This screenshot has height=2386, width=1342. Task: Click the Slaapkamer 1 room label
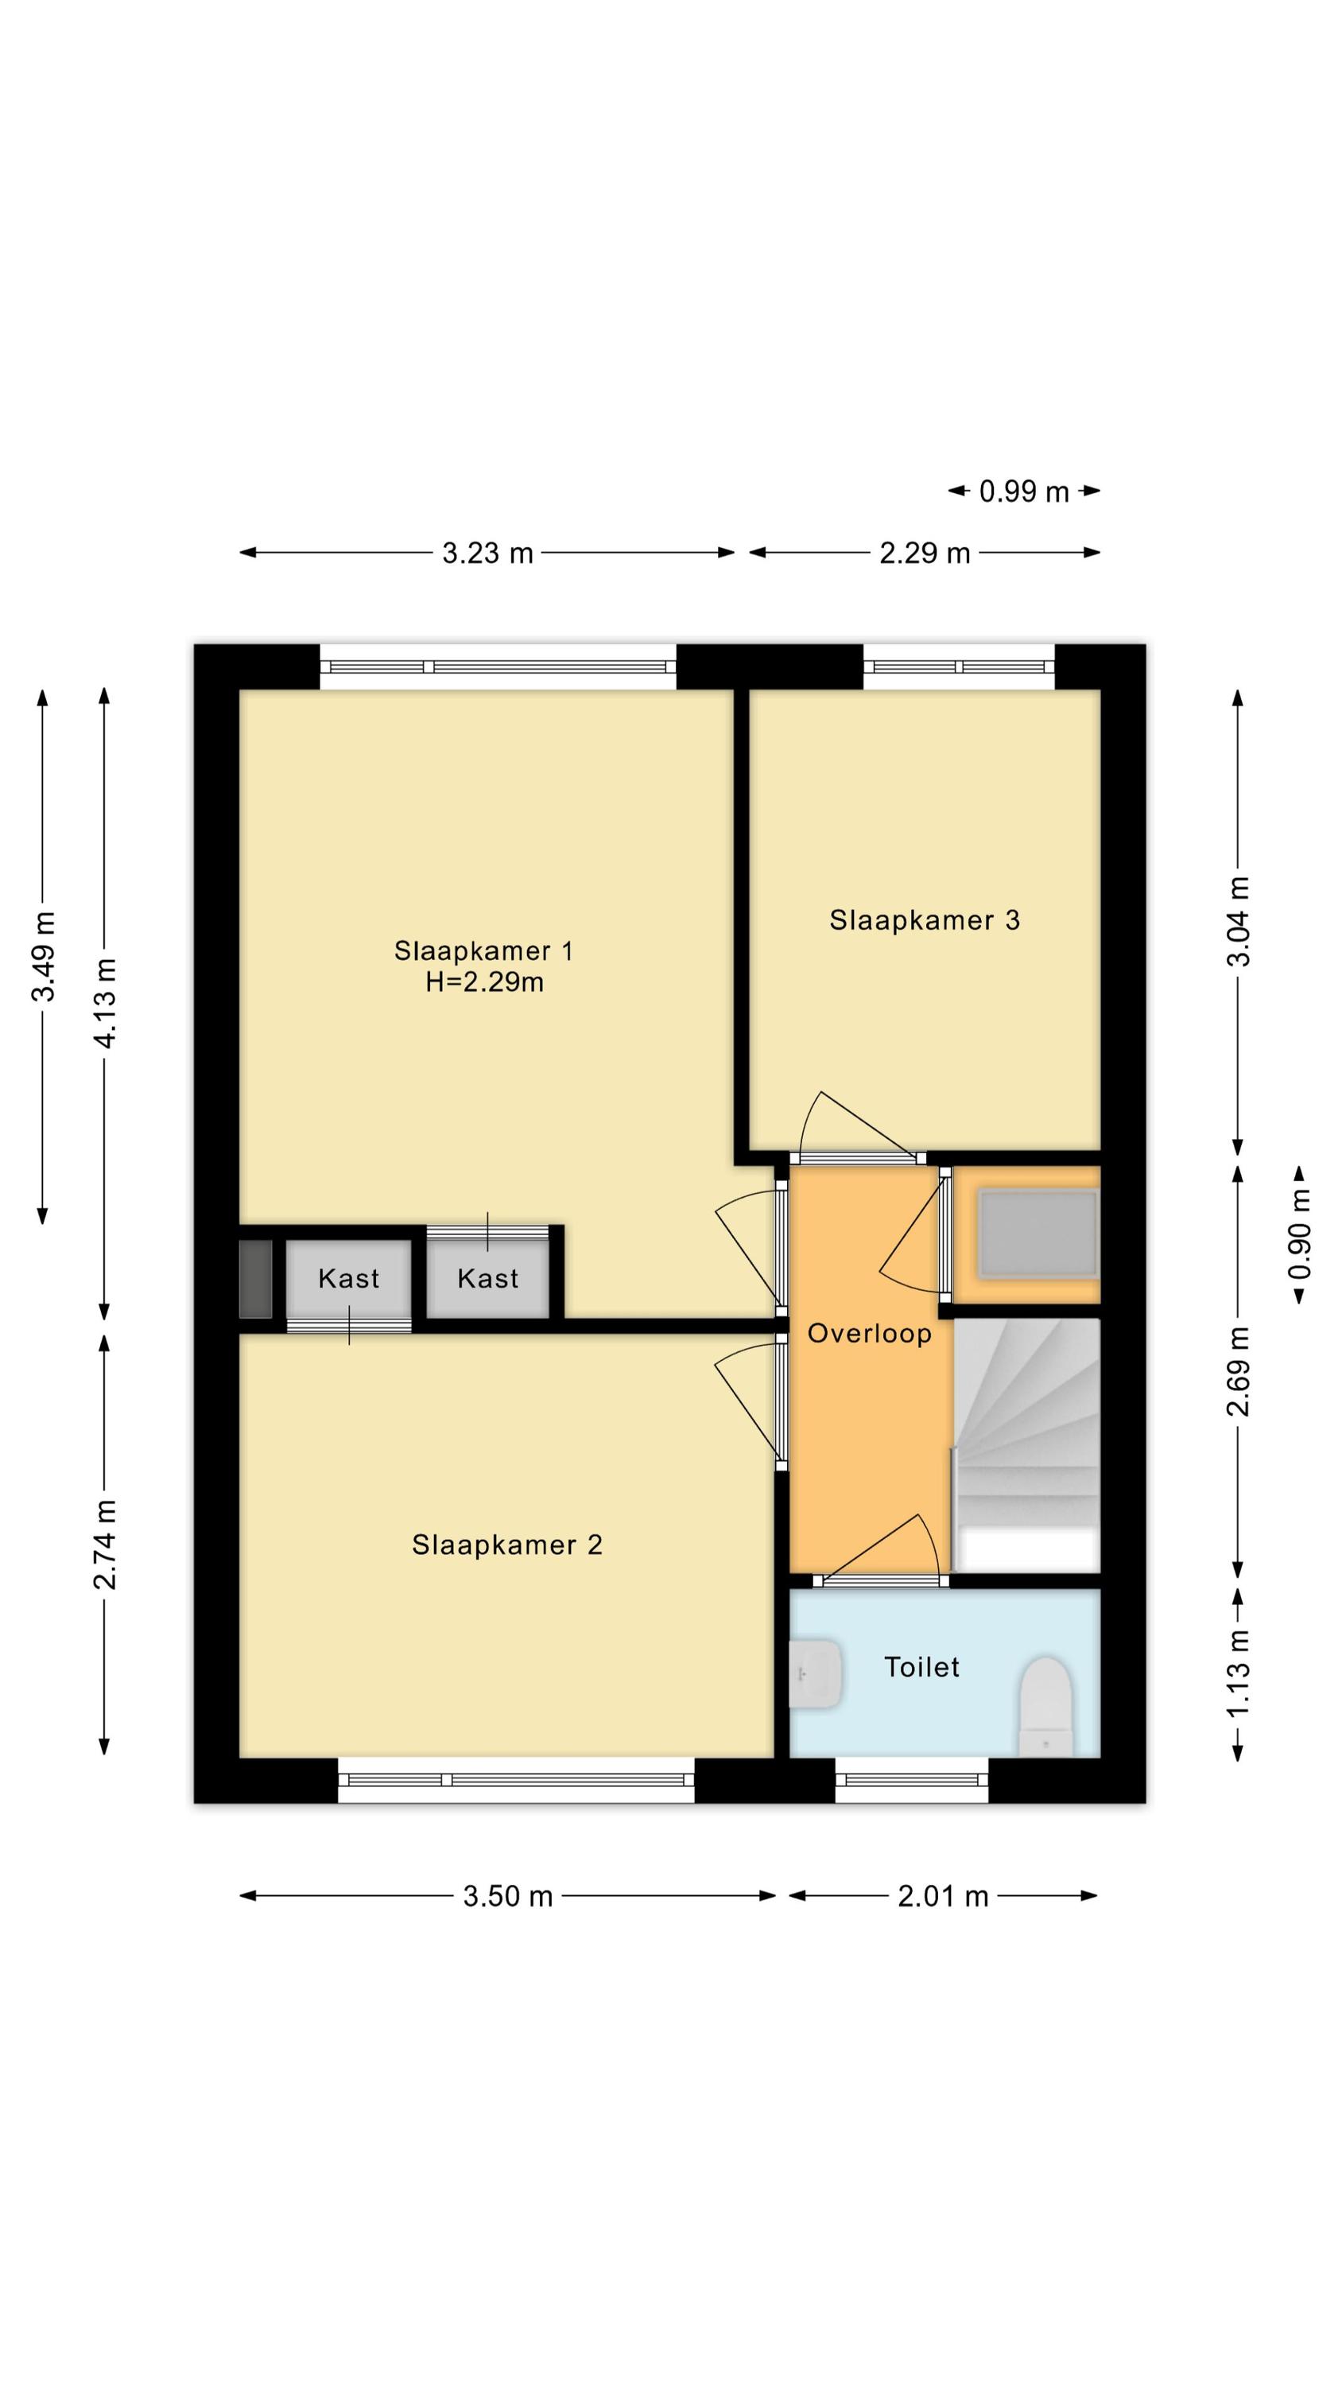click(483, 950)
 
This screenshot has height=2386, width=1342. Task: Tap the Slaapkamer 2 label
click(506, 1544)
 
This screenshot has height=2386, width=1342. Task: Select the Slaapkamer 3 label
click(925, 919)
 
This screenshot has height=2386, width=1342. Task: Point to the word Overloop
click(869, 1334)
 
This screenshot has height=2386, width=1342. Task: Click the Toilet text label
click(921, 1667)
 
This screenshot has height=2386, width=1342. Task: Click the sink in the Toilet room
click(815, 1673)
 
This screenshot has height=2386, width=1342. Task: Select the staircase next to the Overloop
click(1026, 1445)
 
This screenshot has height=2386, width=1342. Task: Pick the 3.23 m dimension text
click(487, 553)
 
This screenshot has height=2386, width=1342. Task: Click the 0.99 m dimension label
click(1024, 491)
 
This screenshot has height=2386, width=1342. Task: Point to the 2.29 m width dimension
click(925, 553)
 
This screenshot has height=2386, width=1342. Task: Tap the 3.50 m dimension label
click(507, 1896)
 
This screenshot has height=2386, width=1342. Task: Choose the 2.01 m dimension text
click(943, 1896)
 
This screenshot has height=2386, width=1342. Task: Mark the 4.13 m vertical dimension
click(105, 1003)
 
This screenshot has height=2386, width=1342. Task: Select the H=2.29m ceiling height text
click(484, 981)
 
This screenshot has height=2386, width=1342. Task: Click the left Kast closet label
click(348, 1278)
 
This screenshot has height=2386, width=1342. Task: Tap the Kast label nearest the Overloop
click(487, 1278)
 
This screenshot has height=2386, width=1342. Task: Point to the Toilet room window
click(912, 1779)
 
